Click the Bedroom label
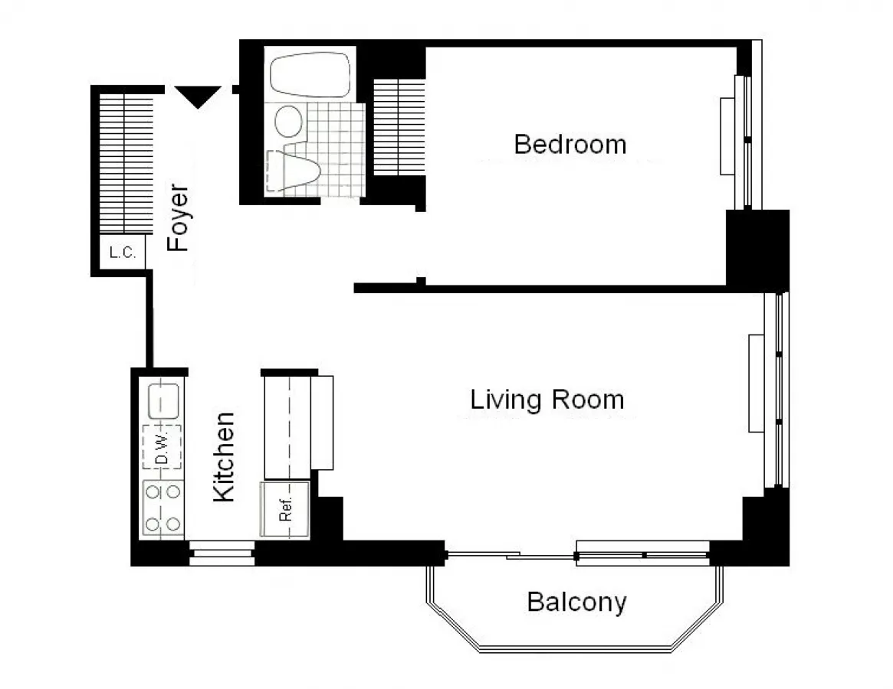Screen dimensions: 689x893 [570, 144]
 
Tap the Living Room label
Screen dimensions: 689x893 [547, 400]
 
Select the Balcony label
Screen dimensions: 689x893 [576, 602]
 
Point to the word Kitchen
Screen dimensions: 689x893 [223, 457]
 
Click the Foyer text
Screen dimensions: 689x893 [179, 217]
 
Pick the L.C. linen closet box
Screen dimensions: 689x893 [123, 253]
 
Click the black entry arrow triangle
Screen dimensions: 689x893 [199, 96]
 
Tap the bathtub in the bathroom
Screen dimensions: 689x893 [310, 74]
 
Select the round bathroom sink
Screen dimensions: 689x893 [288, 120]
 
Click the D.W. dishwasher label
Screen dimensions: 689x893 [162, 447]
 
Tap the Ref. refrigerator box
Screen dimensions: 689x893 [285, 510]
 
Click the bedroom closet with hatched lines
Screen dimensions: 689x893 [399, 126]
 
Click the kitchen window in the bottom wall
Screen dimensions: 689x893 [221, 553]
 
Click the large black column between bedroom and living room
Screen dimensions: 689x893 [757, 249]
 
